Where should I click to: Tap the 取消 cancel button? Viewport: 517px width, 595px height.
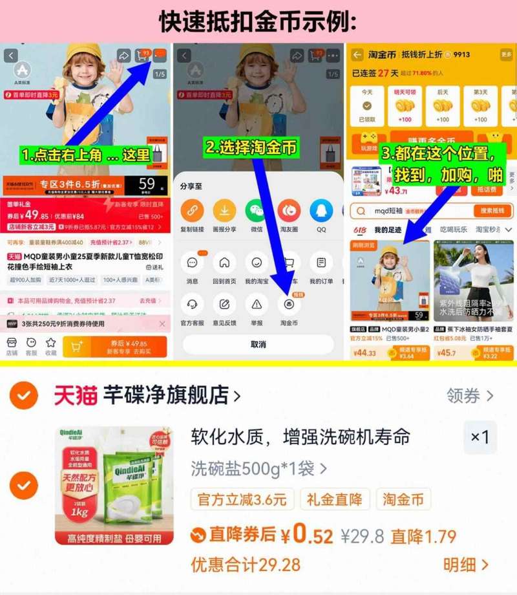[x=258, y=344]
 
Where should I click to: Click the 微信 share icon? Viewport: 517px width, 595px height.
[x=256, y=210]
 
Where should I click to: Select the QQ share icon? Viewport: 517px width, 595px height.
[x=321, y=210]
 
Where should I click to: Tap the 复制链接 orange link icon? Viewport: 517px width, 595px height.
[x=192, y=210]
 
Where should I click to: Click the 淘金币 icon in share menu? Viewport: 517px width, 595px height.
[x=288, y=303]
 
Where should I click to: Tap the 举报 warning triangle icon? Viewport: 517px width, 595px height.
[x=257, y=303]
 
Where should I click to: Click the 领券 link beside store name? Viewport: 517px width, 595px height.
[x=470, y=395]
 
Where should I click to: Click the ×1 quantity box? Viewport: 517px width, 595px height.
[x=480, y=437]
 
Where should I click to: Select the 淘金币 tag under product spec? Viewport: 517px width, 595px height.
[x=403, y=499]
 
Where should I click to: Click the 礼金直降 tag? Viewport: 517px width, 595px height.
[x=335, y=499]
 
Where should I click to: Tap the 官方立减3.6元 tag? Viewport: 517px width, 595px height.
[x=242, y=499]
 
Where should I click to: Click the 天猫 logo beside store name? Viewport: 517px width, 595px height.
[x=74, y=395]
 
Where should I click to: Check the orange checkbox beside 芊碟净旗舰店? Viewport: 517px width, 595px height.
[x=24, y=395]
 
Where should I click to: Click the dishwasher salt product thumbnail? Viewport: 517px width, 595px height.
[x=114, y=485]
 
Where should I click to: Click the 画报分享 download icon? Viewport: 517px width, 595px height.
[x=224, y=210]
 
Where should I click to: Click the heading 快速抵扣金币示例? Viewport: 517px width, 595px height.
[x=258, y=22]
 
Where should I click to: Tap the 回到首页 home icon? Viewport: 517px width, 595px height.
[x=224, y=263]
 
